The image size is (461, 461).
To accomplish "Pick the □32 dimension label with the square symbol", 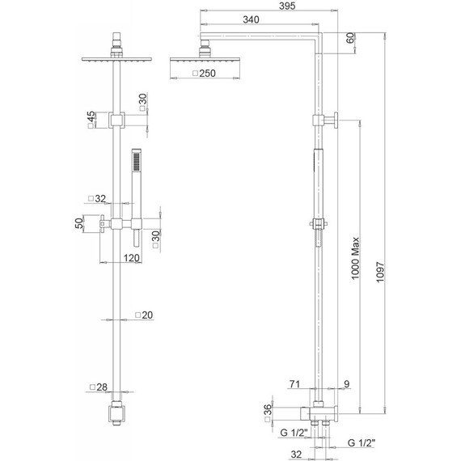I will point(97,198).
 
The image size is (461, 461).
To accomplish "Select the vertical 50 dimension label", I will point(79,224).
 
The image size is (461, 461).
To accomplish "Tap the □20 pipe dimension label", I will point(144,315).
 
